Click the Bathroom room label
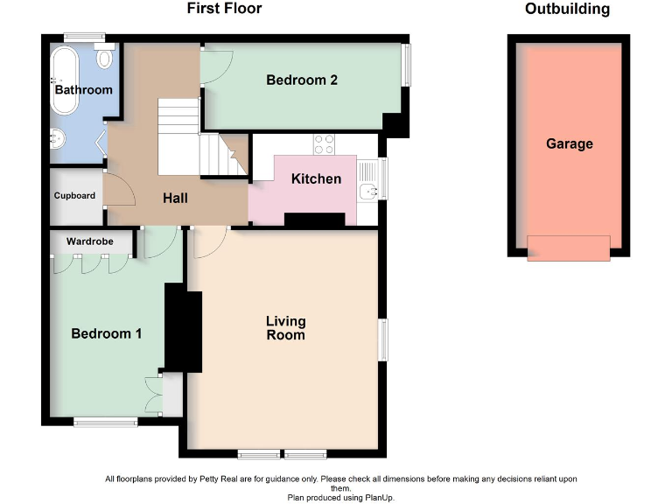(84, 90)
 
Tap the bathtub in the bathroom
(65, 80)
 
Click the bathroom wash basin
(58, 138)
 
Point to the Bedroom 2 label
(302, 80)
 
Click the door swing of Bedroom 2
(217, 67)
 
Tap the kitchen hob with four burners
(324, 144)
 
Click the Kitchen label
(316, 178)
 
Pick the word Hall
(175, 198)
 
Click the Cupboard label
(74, 195)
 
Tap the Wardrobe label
(90, 241)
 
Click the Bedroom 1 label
(106, 333)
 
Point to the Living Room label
(286, 328)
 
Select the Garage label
(570, 143)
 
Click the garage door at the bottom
(569, 248)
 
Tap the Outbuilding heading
(567, 9)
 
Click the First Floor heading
(224, 8)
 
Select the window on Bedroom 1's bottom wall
(105, 422)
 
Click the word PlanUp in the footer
(379, 498)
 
